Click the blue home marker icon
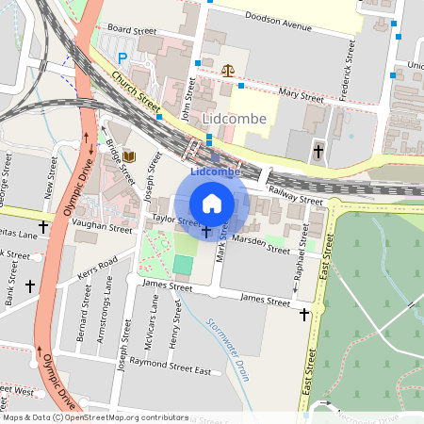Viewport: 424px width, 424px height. point(212,203)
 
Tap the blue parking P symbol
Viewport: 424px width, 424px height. point(122,57)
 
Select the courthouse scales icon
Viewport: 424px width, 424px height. point(227,70)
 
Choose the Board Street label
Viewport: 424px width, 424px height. point(132,30)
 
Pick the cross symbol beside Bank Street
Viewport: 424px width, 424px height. point(30,285)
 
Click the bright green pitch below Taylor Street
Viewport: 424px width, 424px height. point(183,266)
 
